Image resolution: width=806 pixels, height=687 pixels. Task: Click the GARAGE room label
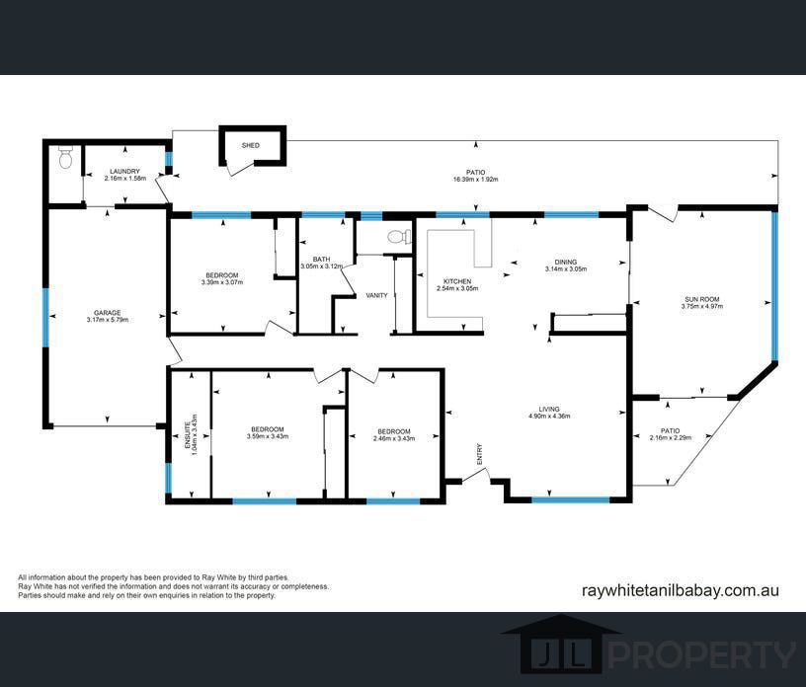(x=107, y=312)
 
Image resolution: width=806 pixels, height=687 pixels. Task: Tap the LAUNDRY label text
(x=124, y=172)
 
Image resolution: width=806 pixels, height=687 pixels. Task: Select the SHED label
(x=251, y=145)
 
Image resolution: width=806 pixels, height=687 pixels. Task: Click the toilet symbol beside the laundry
(x=66, y=157)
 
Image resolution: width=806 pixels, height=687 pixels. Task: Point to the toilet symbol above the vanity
(x=399, y=237)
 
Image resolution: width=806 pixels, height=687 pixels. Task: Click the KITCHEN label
(x=456, y=281)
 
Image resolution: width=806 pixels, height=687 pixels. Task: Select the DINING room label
(x=566, y=262)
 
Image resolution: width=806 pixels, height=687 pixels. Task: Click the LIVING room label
(x=549, y=409)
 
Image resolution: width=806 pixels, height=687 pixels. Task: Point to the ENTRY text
(x=480, y=455)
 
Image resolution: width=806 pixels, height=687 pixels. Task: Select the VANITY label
(x=376, y=295)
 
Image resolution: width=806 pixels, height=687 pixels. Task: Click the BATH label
(x=321, y=259)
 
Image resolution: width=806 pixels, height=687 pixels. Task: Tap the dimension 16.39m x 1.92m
(x=475, y=180)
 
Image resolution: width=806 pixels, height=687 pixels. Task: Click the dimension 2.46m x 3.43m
(x=393, y=437)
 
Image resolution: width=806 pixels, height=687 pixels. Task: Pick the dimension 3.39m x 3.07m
(x=221, y=282)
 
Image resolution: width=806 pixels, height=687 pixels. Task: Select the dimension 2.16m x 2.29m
(x=670, y=437)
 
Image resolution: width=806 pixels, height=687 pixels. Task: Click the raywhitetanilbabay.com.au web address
(x=682, y=590)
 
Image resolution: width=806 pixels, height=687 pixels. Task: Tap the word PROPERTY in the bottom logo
(x=700, y=654)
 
